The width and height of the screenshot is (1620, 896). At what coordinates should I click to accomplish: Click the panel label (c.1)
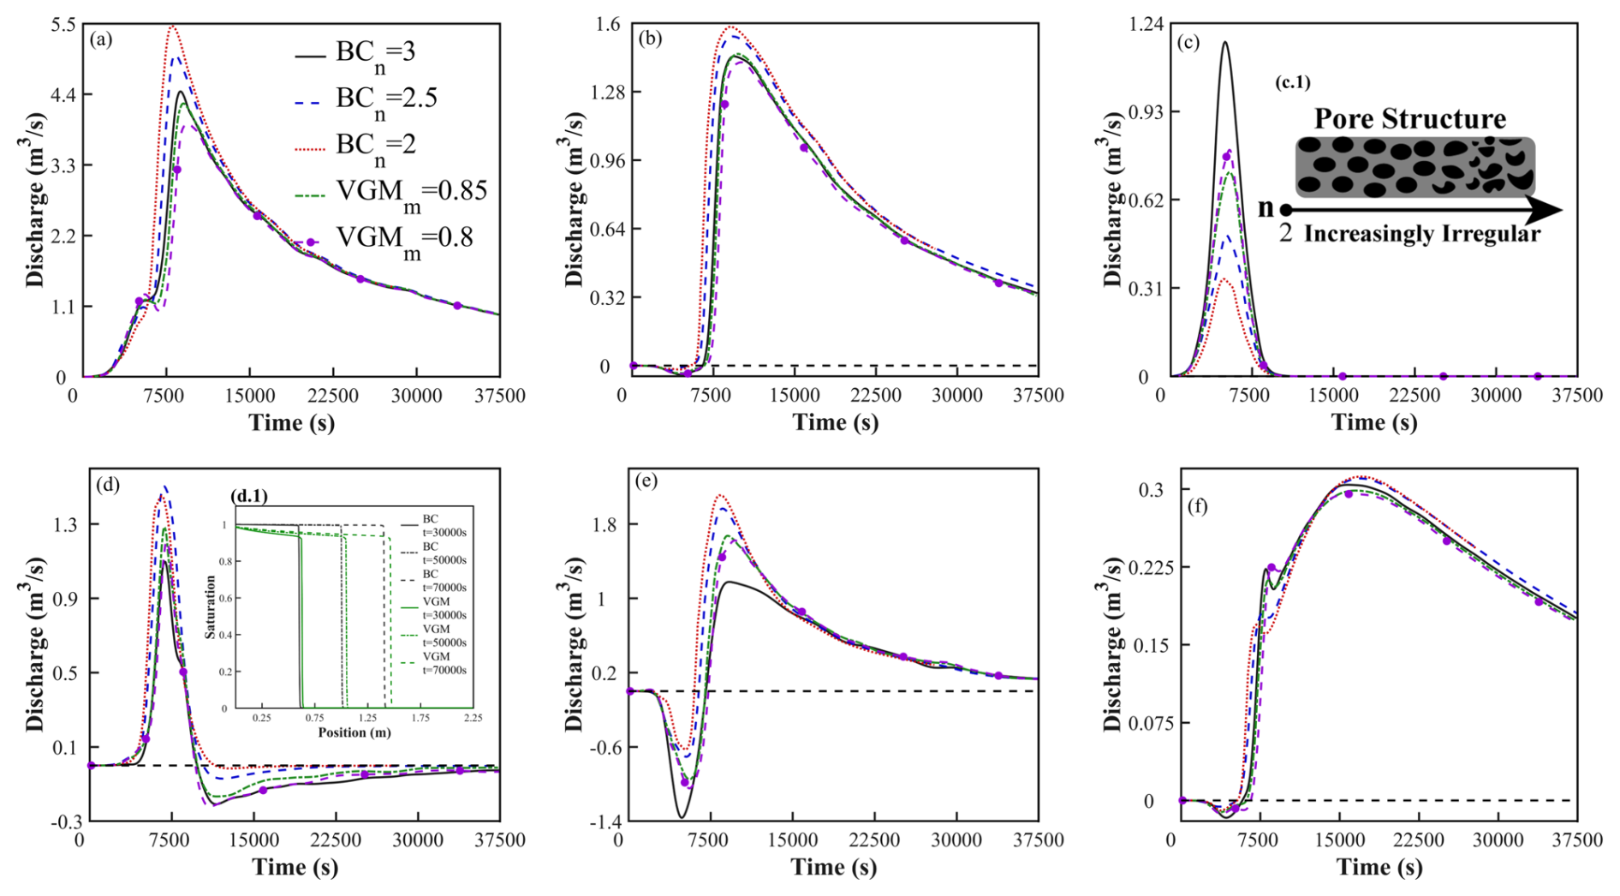[1292, 83]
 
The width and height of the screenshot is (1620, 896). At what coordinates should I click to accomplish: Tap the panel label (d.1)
[249, 496]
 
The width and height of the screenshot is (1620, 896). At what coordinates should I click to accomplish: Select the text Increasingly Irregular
[1421, 234]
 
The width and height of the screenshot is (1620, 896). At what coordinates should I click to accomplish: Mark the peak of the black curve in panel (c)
[1225, 42]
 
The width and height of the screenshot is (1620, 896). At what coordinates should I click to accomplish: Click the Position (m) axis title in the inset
[354, 732]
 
